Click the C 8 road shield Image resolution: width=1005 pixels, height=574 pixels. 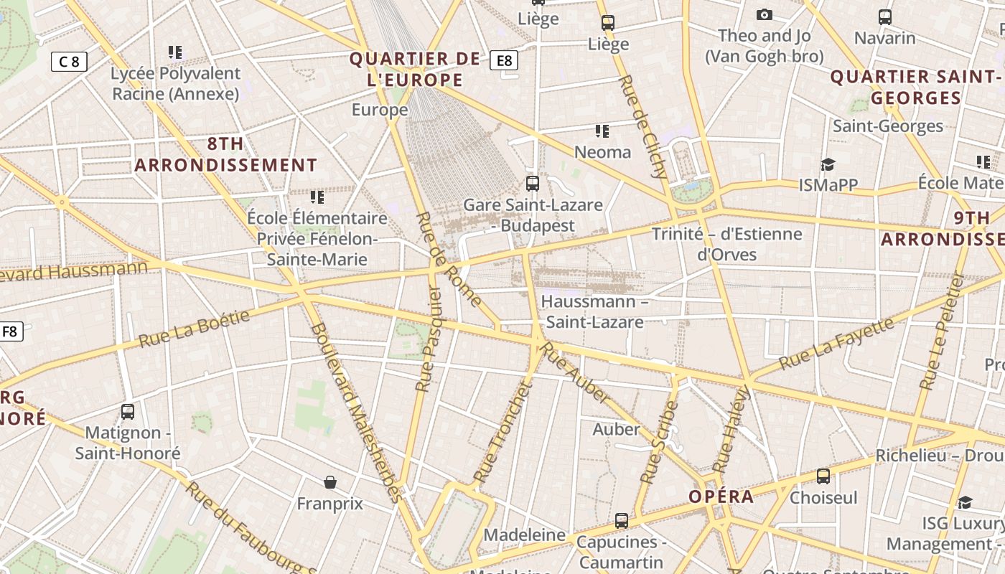click(x=69, y=62)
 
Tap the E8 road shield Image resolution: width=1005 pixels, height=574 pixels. click(x=504, y=60)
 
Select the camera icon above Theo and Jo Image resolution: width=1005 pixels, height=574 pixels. click(x=764, y=15)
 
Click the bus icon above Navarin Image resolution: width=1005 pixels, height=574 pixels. click(x=885, y=17)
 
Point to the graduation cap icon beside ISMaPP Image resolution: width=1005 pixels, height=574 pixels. click(x=828, y=165)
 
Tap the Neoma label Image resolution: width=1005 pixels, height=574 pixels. click(x=602, y=152)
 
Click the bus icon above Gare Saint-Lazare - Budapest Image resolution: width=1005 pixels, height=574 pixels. click(x=532, y=183)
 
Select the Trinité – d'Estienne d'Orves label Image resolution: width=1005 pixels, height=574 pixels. click(x=726, y=244)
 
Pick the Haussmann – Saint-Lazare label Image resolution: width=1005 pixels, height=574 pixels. click(x=594, y=311)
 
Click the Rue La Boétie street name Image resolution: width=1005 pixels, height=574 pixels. click(x=194, y=328)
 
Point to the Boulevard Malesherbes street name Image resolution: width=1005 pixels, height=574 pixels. click(x=357, y=411)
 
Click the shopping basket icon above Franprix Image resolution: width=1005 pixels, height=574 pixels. click(x=330, y=481)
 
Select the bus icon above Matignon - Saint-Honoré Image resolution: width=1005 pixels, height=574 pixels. click(x=128, y=412)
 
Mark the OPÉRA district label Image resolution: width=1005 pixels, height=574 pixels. click(x=721, y=497)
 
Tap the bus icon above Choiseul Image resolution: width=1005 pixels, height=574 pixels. click(x=823, y=476)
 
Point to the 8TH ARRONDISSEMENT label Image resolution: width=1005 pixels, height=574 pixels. click(x=225, y=154)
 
